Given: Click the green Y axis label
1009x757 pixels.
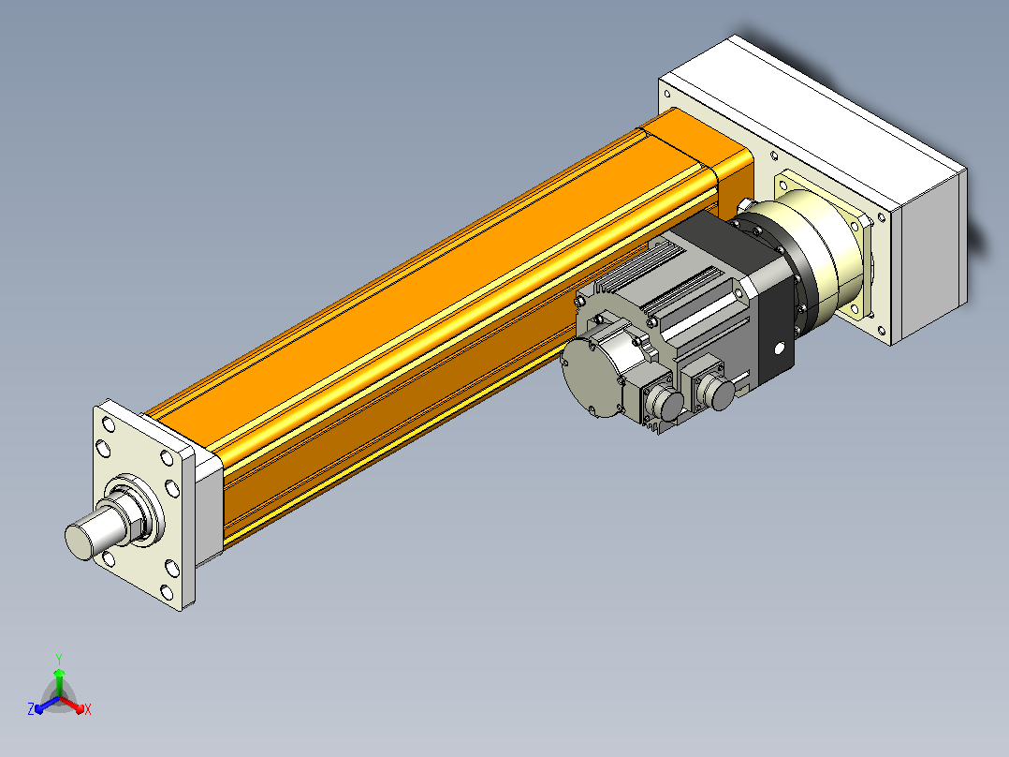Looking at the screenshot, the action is [59, 659].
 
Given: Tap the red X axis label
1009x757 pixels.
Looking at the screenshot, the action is [88, 709].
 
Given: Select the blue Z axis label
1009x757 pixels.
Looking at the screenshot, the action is [31, 708].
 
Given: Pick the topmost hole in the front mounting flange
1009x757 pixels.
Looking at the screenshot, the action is [109, 424].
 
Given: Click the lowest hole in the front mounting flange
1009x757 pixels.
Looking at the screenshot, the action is [167, 592].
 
